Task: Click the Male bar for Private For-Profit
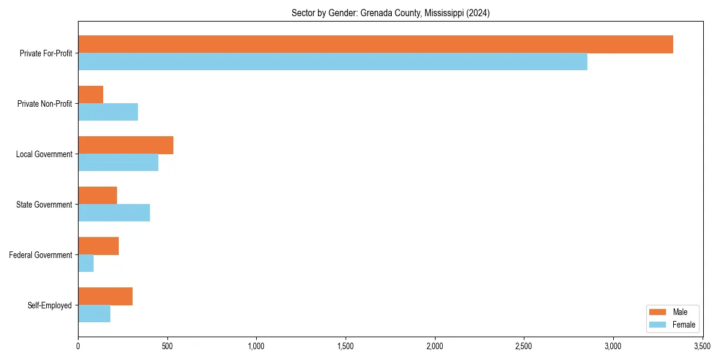point(376,44)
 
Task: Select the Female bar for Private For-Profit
point(332,62)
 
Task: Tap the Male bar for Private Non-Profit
point(91,95)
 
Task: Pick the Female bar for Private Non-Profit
point(108,112)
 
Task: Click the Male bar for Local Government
point(125,145)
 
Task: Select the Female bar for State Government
point(114,213)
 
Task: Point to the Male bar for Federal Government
point(98,246)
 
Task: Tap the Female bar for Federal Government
point(86,263)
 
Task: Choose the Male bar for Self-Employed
point(105,296)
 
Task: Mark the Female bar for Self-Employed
point(94,314)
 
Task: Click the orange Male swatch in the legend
point(658,312)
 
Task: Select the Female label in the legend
point(684,325)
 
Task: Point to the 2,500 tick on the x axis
point(524,346)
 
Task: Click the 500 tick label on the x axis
point(167,346)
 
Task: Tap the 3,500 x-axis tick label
point(702,346)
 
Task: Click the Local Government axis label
point(44,154)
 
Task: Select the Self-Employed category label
point(50,305)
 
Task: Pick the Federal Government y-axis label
point(41,255)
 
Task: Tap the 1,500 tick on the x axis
point(346,346)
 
